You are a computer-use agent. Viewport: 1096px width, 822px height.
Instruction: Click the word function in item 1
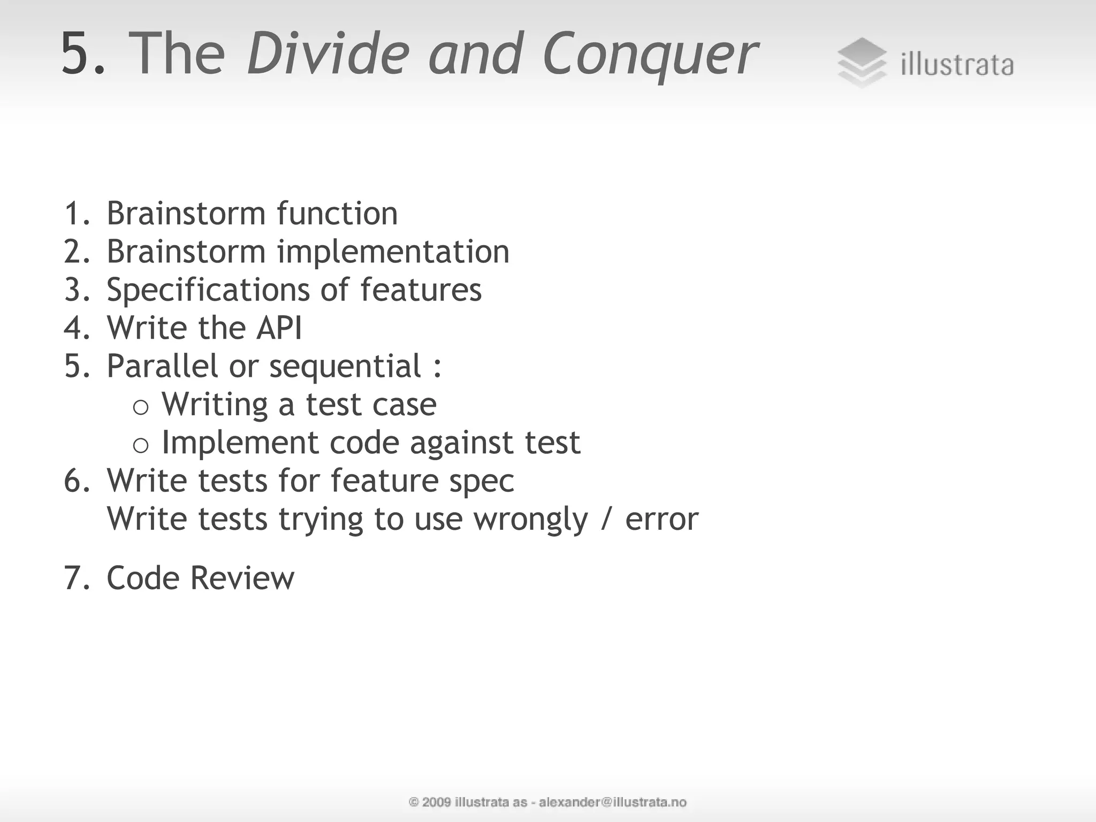[337, 214]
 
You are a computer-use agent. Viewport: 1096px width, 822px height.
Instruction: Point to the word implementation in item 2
[393, 252]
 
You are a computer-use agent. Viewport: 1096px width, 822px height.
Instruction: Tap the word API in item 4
[279, 328]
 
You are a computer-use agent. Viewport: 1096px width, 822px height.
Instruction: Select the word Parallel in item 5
[162, 367]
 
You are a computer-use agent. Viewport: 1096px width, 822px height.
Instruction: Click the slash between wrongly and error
[606, 519]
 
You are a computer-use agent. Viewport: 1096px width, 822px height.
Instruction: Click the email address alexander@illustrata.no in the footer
[612, 802]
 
